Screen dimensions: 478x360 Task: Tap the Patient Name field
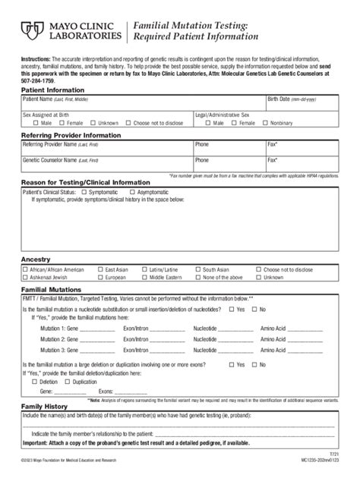pyautogui.click(x=141, y=103)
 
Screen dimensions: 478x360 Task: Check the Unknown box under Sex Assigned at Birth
pyautogui.click(x=94, y=123)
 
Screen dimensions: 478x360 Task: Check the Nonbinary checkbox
pyautogui.click(x=266, y=123)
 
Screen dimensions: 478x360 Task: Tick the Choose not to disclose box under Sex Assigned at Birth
pyautogui.click(x=128, y=123)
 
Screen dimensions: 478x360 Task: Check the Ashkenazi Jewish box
pyautogui.click(x=24, y=278)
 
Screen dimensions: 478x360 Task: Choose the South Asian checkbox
pyautogui.click(x=197, y=269)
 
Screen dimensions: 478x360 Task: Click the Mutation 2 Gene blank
pyautogui.click(x=97, y=340)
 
